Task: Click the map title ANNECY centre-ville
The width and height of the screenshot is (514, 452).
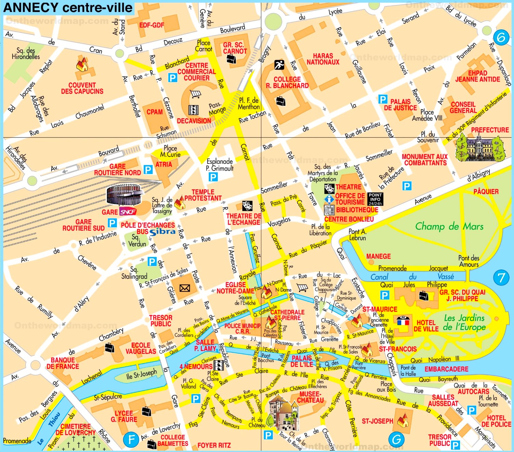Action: click(x=68, y=8)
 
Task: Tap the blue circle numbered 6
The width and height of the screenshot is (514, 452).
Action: click(x=501, y=37)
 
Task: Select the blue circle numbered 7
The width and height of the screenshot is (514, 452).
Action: click(x=501, y=278)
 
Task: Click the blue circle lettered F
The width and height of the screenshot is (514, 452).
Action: click(x=131, y=439)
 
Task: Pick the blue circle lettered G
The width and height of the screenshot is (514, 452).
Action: click(x=396, y=439)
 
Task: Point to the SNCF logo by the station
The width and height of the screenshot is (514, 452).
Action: click(x=128, y=212)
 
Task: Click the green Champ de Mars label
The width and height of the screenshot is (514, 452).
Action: click(x=449, y=226)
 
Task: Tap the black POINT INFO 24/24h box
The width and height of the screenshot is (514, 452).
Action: click(x=375, y=199)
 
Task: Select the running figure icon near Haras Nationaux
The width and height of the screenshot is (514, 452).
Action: click(x=279, y=64)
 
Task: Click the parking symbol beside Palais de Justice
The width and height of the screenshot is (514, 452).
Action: click(x=382, y=100)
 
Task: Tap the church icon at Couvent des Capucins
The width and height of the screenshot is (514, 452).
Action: click(x=82, y=65)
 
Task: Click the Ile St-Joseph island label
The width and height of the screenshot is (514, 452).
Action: click(x=141, y=375)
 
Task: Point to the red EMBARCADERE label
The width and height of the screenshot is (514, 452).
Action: click(x=446, y=369)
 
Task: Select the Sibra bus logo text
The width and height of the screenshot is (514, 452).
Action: click(x=162, y=232)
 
